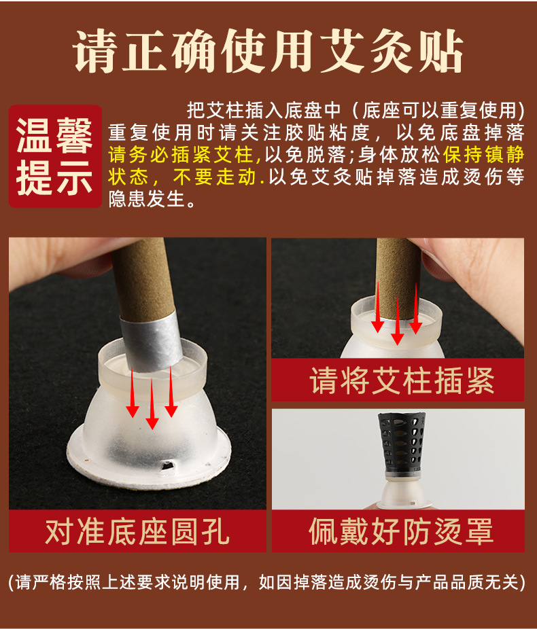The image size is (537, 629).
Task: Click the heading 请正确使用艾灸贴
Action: (268, 51)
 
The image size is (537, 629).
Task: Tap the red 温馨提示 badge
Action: (55, 156)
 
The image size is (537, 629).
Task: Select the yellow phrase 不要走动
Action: (215, 177)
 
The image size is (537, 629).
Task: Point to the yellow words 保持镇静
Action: (483, 155)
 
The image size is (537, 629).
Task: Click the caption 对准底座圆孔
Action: (137, 531)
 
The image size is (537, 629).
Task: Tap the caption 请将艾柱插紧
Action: (402, 380)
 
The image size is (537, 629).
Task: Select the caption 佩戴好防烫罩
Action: (401, 531)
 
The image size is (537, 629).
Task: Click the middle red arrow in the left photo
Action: (152, 404)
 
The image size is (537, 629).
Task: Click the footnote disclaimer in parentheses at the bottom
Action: (267, 582)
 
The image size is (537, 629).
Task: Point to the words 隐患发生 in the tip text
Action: (147, 199)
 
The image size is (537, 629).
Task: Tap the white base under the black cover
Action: (402, 492)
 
